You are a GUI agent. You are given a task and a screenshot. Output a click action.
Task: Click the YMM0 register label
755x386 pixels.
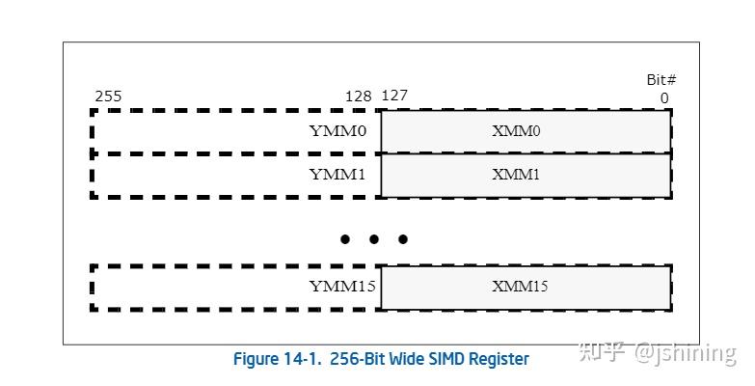click(x=337, y=131)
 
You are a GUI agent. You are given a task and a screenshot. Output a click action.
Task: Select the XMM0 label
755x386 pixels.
click(x=516, y=131)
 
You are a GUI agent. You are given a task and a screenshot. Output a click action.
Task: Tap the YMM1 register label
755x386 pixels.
click(x=337, y=175)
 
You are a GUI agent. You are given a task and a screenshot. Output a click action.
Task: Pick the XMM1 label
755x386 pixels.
click(x=516, y=175)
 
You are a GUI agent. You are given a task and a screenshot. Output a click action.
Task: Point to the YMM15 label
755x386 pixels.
click(x=342, y=287)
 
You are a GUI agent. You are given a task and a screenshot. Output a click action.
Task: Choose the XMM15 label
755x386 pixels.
click(x=520, y=287)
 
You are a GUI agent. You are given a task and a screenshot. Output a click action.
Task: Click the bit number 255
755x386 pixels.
click(x=108, y=96)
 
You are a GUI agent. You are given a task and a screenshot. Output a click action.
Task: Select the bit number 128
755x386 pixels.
click(x=359, y=96)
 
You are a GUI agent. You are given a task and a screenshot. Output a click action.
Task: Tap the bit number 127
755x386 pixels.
click(x=394, y=96)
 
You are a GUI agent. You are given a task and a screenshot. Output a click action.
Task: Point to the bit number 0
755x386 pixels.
click(x=664, y=97)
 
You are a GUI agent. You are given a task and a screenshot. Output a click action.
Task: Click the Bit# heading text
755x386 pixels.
click(x=661, y=80)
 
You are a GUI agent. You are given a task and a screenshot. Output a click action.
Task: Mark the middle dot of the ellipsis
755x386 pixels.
click(x=374, y=239)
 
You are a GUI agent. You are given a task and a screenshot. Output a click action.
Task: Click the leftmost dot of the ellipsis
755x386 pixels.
click(x=345, y=239)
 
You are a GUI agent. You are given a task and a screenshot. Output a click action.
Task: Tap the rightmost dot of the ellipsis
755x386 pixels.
click(x=403, y=239)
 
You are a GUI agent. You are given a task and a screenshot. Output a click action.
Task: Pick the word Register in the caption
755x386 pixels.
click(x=498, y=359)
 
